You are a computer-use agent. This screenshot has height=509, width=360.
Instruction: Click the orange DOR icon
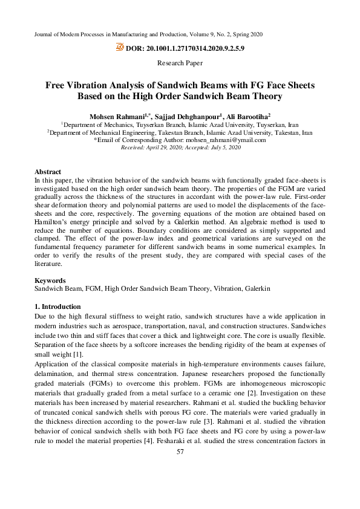coord(120,47)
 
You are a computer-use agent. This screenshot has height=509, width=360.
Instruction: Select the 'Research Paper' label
coord(180,63)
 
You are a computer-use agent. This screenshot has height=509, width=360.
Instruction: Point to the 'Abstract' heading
coord(48,172)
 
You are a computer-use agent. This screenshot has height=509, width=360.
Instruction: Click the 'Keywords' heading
coord(49,280)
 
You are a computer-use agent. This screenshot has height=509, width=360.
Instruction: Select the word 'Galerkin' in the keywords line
coord(257,289)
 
